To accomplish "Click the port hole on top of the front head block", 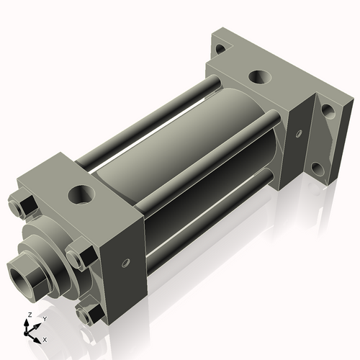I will pos(81,194).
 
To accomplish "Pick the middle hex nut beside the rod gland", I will pos(78,258).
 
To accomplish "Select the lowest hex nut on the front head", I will pos(89,314).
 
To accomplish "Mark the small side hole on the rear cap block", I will pos(297,132).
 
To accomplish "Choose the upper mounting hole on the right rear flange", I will pos(327,111).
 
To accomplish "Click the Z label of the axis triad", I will pos(27,315).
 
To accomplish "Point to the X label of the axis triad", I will pos(45,338).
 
